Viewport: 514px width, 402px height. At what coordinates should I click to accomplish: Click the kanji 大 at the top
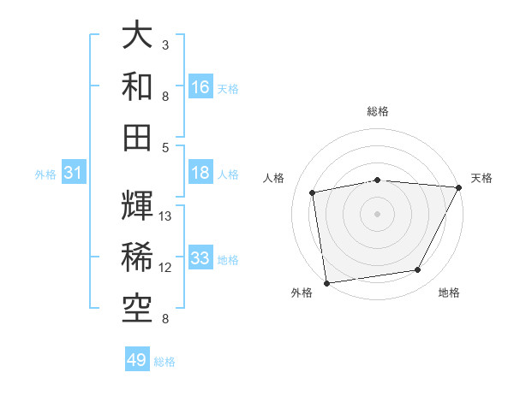click(x=137, y=36)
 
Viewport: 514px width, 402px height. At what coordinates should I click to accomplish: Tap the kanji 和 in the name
click(x=137, y=86)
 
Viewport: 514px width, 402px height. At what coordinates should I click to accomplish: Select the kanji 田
click(x=137, y=136)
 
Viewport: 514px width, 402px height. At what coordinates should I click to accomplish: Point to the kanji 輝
click(x=137, y=206)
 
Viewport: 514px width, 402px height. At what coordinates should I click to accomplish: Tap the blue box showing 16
click(x=200, y=87)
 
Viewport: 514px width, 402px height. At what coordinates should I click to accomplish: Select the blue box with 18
click(x=200, y=173)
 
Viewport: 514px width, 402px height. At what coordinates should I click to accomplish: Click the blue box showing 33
click(x=200, y=258)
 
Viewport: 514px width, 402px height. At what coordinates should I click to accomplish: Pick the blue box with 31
click(x=73, y=174)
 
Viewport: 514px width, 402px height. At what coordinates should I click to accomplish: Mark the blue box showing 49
click(x=137, y=360)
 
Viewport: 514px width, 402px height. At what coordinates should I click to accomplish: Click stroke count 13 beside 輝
click(x=166, y=216)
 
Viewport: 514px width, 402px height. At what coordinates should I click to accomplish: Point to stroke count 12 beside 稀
click(x=166, y=268)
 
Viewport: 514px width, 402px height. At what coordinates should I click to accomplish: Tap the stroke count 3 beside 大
click(x=165, y=44)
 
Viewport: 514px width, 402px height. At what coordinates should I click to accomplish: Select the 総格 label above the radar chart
click(x=378, y=111)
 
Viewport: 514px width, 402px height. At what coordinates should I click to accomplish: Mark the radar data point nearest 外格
click(x=326, y=282)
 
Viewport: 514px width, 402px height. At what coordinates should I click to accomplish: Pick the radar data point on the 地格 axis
click(x=418, y=270)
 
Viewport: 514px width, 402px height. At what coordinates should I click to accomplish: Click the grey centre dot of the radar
click(x=378, y=213)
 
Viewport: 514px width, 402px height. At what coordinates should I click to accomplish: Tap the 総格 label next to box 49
click(x=164, y=362)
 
